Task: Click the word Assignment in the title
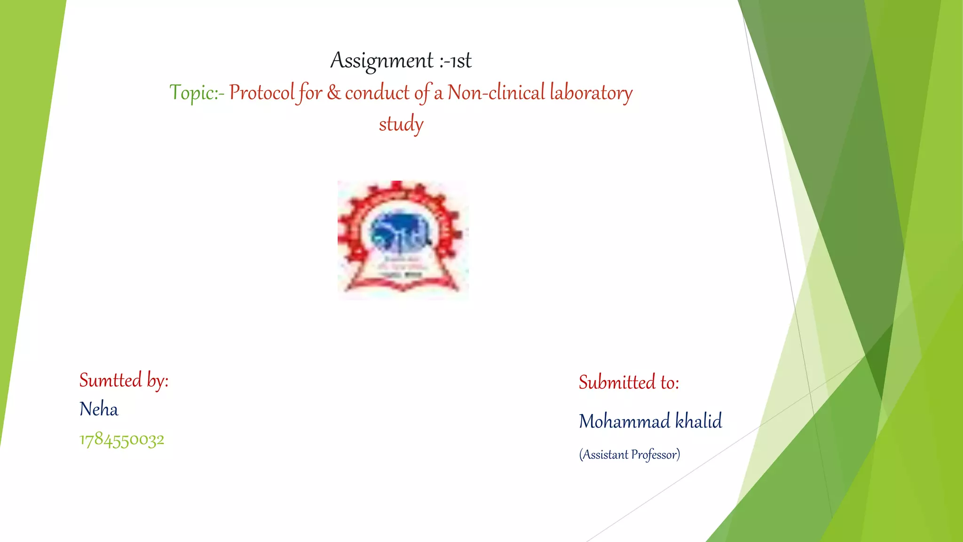point(381,61)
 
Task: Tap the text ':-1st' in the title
point(455,61)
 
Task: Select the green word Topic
point(192,93)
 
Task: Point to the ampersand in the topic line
point(334,92)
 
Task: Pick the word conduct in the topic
point(377,93)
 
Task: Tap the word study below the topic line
point(401,124)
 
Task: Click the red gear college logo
point(403,239)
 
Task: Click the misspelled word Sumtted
point(111,380)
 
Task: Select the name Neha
point(99,409)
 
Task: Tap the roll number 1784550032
point(122,440)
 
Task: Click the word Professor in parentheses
point(655,454)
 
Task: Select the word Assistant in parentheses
point(605,454)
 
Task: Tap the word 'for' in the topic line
point(309,93)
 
